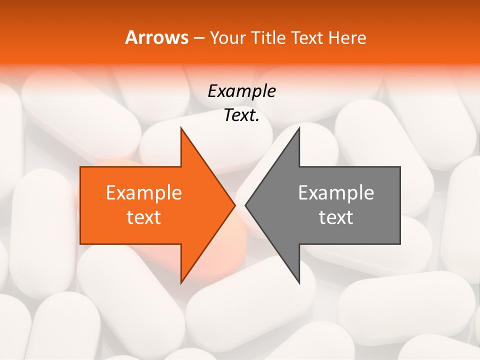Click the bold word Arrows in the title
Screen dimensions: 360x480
[x=156, y=37]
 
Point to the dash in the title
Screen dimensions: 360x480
[x=198, y=38]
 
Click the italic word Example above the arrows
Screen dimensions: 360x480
[x=241, y=91]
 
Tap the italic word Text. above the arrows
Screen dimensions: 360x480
[x=241, y=115]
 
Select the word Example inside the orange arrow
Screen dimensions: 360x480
[x=144, y=192]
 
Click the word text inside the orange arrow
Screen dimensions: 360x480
[x=144, y=217]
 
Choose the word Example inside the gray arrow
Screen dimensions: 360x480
[x=336, y=192]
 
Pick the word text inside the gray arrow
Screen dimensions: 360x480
[x=336, y=217]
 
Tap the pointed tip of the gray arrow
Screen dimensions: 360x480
[x=246, y=205]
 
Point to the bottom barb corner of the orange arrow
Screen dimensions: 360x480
[x=181, y=282]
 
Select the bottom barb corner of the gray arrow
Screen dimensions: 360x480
[x=299, y=282]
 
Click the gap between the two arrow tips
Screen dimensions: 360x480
[x=240, y=205]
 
